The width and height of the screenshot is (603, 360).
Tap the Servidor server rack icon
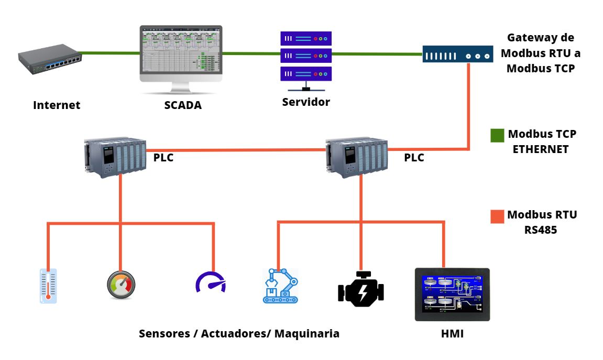pos(306,56)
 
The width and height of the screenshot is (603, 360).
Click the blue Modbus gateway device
pos(458,54)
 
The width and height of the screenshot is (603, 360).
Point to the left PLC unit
pos(115,156)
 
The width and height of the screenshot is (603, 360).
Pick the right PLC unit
pos(356,156)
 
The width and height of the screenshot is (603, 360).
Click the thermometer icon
pos(48,286)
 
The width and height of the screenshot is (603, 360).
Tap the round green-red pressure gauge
pos(121,285)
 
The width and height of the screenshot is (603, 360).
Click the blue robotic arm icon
pos(280,286)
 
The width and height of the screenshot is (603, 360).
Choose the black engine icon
pos(360,289)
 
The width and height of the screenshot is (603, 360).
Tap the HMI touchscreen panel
pos(452,294)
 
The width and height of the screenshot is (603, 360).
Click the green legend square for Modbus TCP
pos(497,136)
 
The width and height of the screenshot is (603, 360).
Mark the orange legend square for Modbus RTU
pos(497,216)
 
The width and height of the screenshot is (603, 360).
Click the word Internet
pos(57,105)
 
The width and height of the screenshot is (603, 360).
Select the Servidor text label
pos(306,102)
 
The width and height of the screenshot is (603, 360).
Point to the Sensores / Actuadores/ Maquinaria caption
pos(239,333)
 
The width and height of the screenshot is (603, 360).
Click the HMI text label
pos(453,333)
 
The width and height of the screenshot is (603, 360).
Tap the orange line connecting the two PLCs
pos(236,150)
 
